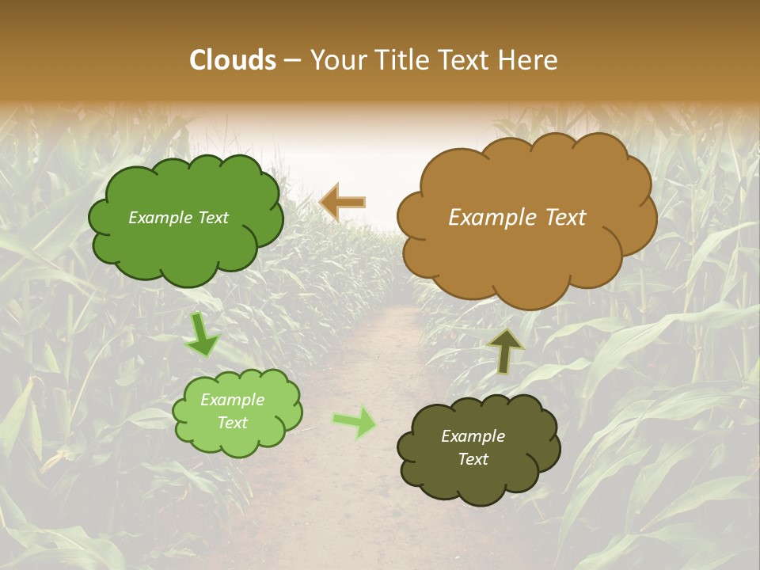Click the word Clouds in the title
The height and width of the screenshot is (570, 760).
tap(233, 60)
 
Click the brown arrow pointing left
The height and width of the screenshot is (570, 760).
tap(342, 203)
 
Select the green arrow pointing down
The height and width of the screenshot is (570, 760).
tap(202, 336)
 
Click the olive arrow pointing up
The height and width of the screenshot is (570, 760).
tap(505, 351)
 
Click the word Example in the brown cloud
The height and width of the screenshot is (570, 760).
tap(491, 218)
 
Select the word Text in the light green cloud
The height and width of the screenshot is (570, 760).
tap(233, 423)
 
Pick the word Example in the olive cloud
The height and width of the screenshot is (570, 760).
tap(473, 436)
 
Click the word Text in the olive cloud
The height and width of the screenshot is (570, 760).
tap(473, 459)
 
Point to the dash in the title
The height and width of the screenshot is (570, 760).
tap(292, 61)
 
